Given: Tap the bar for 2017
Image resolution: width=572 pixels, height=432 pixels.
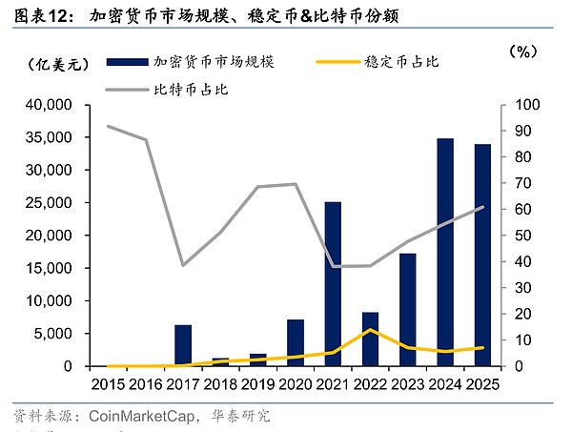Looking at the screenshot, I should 183,345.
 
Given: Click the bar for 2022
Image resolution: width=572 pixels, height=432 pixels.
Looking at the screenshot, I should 370,339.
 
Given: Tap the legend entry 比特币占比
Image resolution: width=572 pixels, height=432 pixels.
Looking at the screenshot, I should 191,91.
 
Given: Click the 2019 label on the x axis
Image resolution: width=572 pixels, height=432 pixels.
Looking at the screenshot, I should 257,384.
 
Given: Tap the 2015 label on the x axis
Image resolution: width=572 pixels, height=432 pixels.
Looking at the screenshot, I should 108,384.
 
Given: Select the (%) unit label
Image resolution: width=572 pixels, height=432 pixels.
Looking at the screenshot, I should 524,51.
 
